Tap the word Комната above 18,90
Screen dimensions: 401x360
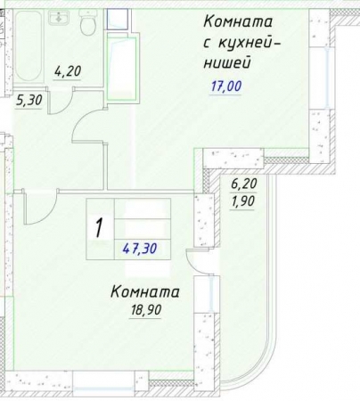pos(145,291)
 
